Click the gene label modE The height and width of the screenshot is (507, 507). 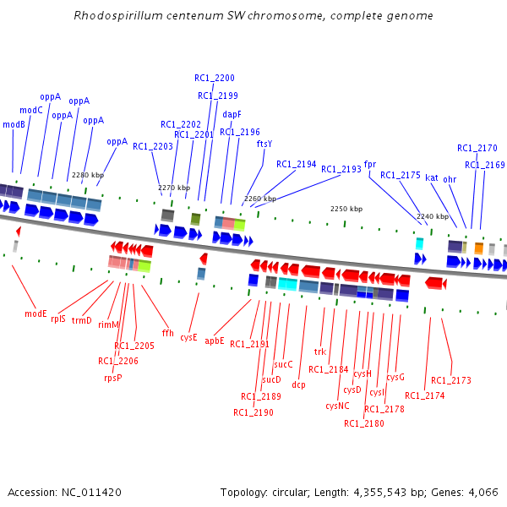tap(35, 313)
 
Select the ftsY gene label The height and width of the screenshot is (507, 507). tap(264, 144)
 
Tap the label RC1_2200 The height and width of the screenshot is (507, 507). tap(215, 79)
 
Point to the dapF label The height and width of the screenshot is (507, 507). tap(232, 114)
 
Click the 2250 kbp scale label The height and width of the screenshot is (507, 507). tap(346, 209)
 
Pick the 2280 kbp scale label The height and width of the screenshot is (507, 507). tap(88, 175)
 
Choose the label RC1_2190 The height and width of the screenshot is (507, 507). tap(253, 412)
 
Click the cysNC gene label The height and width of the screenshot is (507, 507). tap(337, 406)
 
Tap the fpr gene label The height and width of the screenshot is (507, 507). tap(370, 164)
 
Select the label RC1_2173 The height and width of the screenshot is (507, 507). tap(451, 380)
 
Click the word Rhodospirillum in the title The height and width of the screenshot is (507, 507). tap(112, 16)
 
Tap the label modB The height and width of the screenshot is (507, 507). tap(14, 124)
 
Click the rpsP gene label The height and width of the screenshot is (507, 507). tap(112, 378)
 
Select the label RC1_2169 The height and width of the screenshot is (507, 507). tap(484, 165)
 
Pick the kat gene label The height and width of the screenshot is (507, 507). tap(431, 177)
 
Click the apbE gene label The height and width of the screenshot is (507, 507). tap(215, 341)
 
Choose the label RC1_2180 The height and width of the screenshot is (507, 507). tap(364, 423)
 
